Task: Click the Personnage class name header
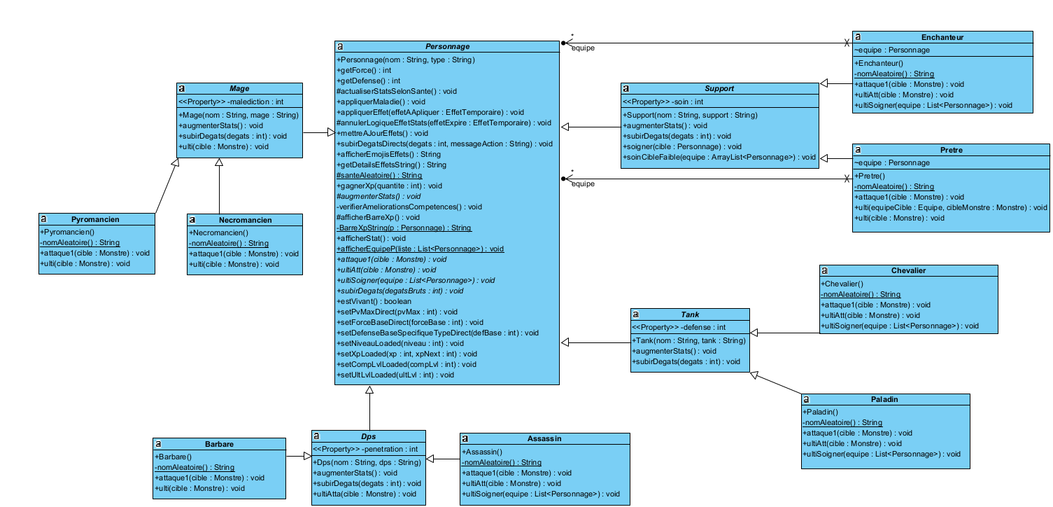tap(447, 46)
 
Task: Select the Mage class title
tap(239, 89)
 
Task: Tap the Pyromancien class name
tap(95, 219)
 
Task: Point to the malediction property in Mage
tap(231, 102)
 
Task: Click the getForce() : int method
tap(364, 70)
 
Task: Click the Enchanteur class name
tap(943, 37)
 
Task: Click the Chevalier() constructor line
tap(843, 284)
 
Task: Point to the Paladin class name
tap(885, 399)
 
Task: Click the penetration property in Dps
tap(365, 449)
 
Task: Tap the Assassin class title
tap(544, 439)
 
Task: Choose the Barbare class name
tap(219, 444)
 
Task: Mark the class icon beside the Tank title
tap(635, 315)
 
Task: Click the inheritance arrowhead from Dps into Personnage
tap(369, 391)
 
